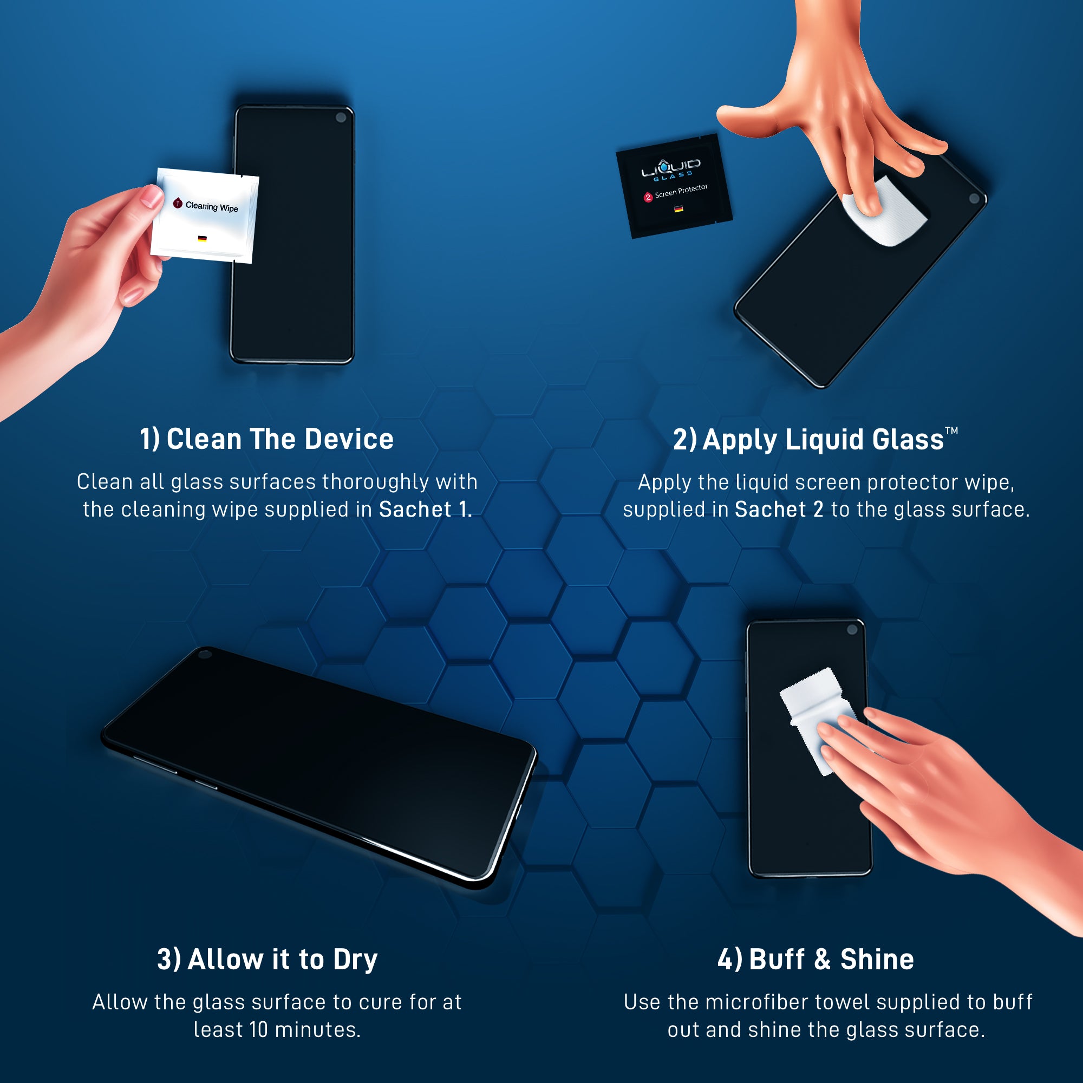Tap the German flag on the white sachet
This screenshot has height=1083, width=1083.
[x=203, y=238]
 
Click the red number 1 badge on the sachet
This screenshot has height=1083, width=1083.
[x=178, y=203]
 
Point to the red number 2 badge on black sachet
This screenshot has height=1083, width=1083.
[x=648, y=197]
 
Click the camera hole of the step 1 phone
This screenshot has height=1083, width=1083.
[x=340, y=118]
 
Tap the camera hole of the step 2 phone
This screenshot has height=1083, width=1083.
[x=974, y=198]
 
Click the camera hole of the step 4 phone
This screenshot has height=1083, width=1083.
[x=852, y=630]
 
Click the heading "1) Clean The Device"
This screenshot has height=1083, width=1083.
[x=267, y=439]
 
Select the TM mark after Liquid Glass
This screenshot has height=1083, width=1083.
[x=951, y=430]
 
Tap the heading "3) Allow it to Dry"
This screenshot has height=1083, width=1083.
[x=268, y=959]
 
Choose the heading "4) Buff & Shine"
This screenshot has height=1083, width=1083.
[x=815, y=959]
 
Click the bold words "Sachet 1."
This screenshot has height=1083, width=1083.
[x=426, y=510]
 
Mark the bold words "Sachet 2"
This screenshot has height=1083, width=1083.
[x=779, y=510]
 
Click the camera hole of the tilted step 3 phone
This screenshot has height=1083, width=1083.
[x=205, y=654]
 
